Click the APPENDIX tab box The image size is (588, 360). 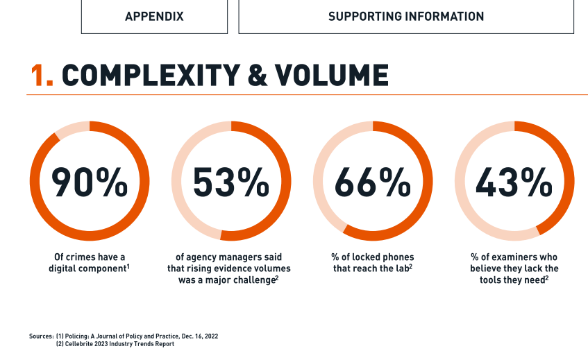(x=154, y=16)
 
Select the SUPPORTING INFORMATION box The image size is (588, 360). (x=406, y=16)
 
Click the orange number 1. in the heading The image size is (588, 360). (x=42, y=75)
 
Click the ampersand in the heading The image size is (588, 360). (x=258, y=75)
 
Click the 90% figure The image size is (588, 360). (x=90, y=182)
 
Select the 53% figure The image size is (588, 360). (x=230, y=182)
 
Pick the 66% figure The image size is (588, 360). (x=373, y=182)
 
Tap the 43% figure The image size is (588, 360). (x=514, y=182)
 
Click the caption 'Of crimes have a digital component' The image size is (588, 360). (x=89, y=262)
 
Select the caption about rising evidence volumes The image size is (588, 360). (x=230, y=268)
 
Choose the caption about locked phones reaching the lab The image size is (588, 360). (x=373, y=262)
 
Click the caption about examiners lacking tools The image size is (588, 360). (x=514, y=268)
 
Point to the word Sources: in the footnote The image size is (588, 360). (x=40, y=336)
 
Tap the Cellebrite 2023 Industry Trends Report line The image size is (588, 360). (x=115, y=344)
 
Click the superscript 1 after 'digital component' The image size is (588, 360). (x=128, y=264)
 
